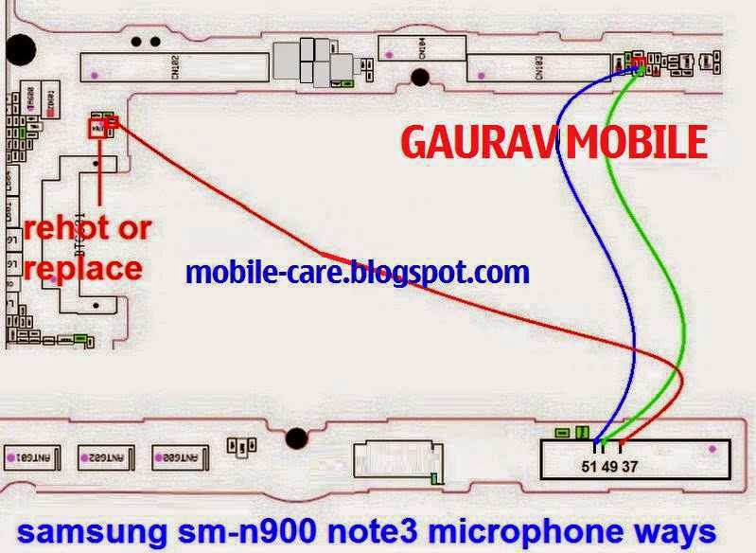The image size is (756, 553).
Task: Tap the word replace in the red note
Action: pos(83,268)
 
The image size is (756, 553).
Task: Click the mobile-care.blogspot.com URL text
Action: pos(358,274)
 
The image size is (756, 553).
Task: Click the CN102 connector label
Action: pos(177,65)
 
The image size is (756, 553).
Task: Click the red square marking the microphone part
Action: pos(97,129)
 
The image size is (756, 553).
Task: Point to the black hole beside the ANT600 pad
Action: pos(296,438)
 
